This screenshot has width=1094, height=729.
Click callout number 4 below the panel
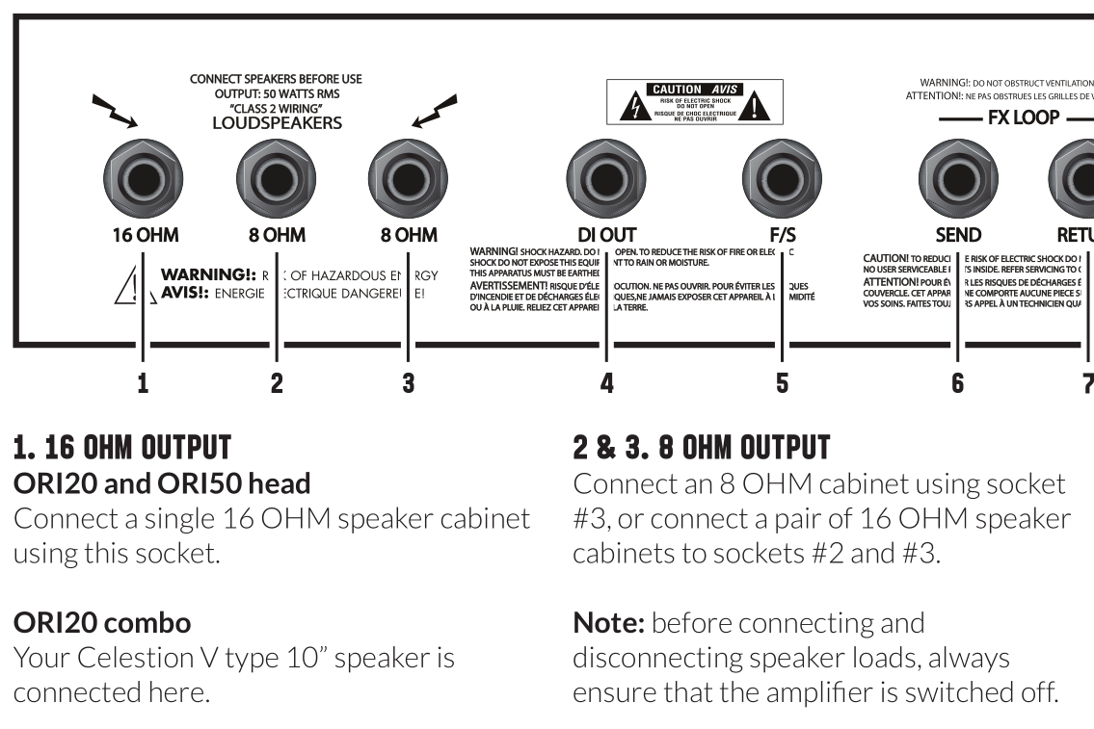point(606,383)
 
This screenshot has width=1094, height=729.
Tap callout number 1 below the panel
point(143,383)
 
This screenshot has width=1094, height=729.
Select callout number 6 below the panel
point(957,383)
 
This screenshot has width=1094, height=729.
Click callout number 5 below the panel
point(782,383)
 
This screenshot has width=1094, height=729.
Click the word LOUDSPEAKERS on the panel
point(277,123)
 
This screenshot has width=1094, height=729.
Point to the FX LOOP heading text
point(1023,118)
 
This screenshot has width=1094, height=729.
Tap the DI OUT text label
point(606,235)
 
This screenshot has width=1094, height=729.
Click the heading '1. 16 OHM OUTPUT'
point(121,448)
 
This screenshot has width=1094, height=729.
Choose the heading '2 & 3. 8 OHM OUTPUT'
point(701,448)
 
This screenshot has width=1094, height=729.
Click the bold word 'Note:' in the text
point(609,623)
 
